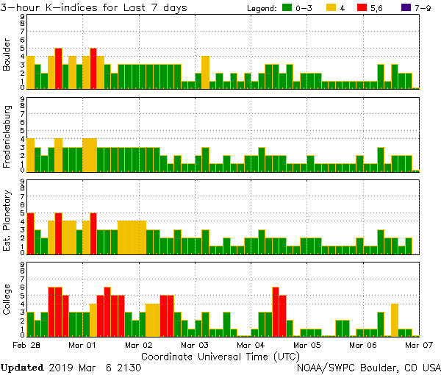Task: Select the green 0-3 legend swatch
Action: pos(287,8)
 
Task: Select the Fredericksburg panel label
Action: pos(7,136)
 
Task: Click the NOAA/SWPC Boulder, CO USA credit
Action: pos(369,367)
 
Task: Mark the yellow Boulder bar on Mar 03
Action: pos(206,72)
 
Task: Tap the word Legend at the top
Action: pos(260,8)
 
